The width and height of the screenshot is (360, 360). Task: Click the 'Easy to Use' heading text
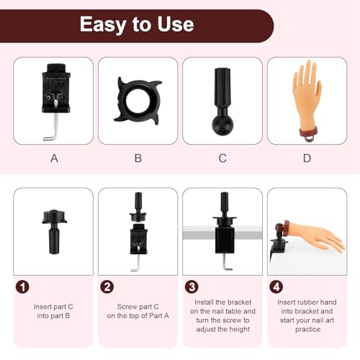pos(136,24)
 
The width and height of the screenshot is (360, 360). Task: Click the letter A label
pos(54,158)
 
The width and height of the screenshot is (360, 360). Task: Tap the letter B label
pos(138,158)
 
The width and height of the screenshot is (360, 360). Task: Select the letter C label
pos(222,158)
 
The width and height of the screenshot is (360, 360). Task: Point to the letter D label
pos(307,158)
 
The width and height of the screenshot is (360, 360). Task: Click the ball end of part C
pos(222,124)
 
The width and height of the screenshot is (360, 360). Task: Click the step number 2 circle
pos(107,286)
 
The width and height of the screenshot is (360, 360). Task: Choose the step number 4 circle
pos(275,286)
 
